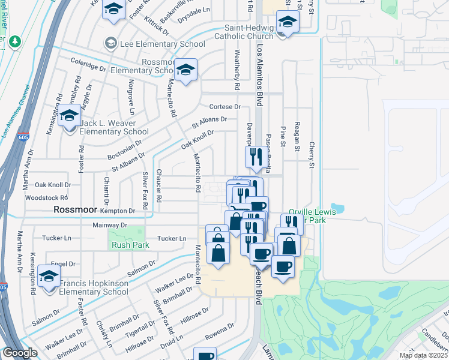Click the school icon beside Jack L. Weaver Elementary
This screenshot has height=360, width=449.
(70, 116)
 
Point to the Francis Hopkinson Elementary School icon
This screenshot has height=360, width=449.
(49, 278)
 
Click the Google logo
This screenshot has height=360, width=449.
(20, 353)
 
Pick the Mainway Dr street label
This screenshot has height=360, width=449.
(110, 225)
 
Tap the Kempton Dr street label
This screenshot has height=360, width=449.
(118, 211)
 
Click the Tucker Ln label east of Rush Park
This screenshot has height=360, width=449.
(172, 238)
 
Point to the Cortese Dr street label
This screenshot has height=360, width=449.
(224, 107)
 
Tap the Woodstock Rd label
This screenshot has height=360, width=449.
(51, 197)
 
